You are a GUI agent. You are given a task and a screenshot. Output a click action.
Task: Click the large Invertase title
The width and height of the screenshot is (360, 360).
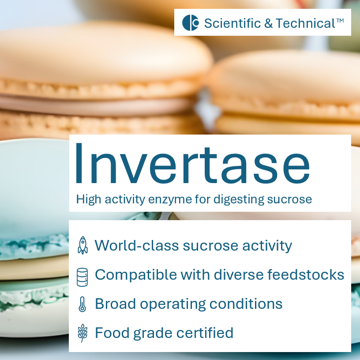click(x=192, y=164)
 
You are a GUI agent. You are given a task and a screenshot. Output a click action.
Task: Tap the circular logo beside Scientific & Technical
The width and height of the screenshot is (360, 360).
click(x=191, y=22)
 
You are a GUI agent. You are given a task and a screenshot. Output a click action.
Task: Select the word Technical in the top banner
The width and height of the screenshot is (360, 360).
click(x=306, y=23)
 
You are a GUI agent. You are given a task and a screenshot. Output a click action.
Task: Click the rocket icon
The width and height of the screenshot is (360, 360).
click(x=82, y=245)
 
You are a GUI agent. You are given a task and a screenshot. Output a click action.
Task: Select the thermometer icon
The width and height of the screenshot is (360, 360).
click(x=82, y=304)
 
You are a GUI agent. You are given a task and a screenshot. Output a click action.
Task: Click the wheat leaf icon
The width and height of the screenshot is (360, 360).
click(x=82, y=333)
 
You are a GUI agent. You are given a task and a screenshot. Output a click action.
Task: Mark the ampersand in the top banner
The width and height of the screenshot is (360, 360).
click(x=269, y=23)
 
